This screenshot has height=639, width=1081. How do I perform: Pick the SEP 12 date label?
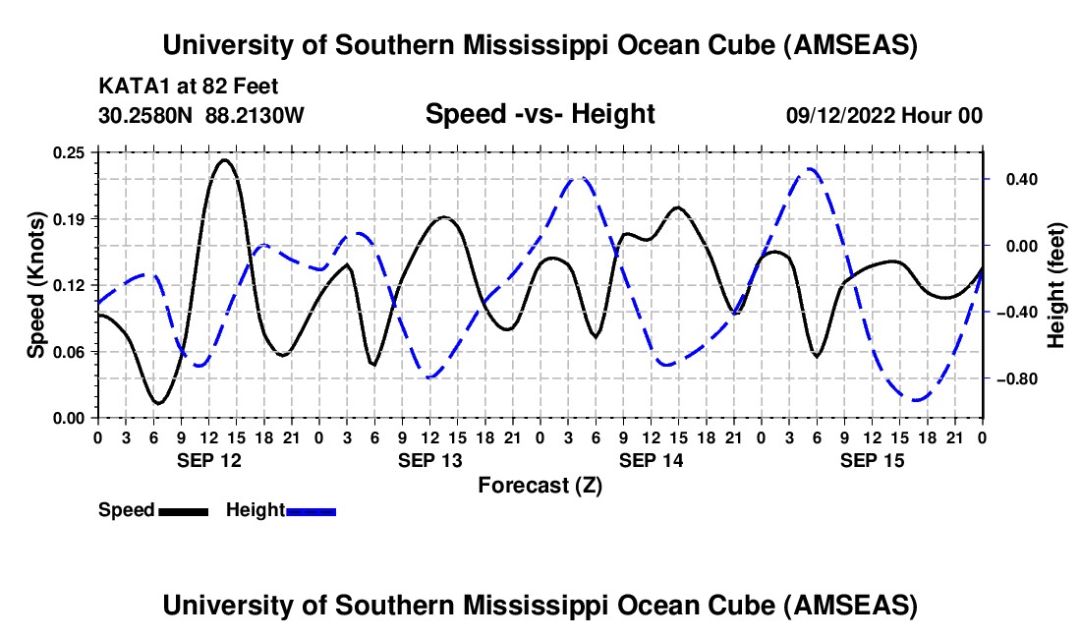coord(208,459)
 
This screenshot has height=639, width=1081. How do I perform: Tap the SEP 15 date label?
coord(873,459)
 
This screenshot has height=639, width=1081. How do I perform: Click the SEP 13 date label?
coord(429,459)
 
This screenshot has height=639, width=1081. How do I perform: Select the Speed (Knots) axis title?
coord(36,284)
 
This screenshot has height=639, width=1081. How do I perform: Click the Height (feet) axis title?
coord(1056,284)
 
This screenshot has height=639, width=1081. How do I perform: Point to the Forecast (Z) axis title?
coord(540,485)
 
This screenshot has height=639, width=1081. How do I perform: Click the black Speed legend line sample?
coord(184,510)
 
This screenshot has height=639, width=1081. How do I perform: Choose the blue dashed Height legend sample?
coord(312,510)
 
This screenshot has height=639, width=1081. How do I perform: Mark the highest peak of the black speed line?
coord(225,159)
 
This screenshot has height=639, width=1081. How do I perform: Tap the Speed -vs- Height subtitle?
coord(540,114)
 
